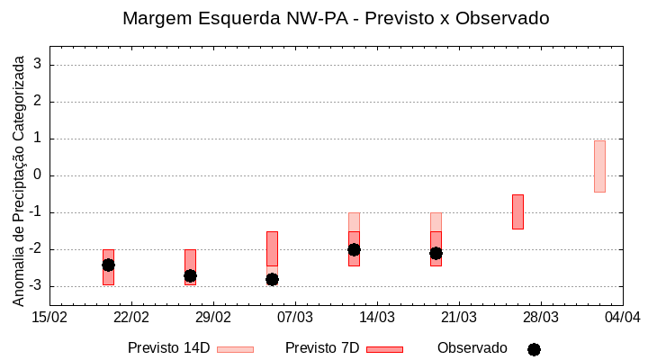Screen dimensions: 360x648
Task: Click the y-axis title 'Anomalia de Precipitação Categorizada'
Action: (x=18, y=180)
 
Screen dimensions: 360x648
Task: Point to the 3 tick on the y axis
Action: (x=39, y=65)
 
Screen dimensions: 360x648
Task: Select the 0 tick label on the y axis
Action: (x=39, y=175)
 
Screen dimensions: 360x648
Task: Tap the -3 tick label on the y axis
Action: (x=36, y=286)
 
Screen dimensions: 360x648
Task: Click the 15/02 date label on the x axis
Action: (x=49, y=317)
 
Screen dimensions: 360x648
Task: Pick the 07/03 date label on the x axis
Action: (x=294, y=317)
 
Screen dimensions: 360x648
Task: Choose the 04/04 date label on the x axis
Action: (x=622, y=317)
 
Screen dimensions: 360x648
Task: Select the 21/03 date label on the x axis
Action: (x=458, y=317)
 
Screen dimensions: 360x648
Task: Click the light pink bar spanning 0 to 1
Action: (x=599, y=166)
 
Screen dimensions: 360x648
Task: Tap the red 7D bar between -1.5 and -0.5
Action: (x=517, y=211)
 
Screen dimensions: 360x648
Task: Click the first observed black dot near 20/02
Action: (x=108, y=265)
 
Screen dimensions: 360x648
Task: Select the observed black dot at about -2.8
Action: (x=272, y=279)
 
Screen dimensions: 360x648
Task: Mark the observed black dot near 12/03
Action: (x=354, y=249)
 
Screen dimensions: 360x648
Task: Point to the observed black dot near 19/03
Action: (x=436, y=253)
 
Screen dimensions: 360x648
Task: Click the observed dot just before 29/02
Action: (x=190, y=275)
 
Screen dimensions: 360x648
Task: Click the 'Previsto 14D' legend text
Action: (x=168, y=348)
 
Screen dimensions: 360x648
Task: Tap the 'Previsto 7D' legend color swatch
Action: (x=384, y=349)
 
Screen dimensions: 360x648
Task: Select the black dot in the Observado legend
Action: (x=534, y=349)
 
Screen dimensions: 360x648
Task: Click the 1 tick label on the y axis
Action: (x=39, y=139)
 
